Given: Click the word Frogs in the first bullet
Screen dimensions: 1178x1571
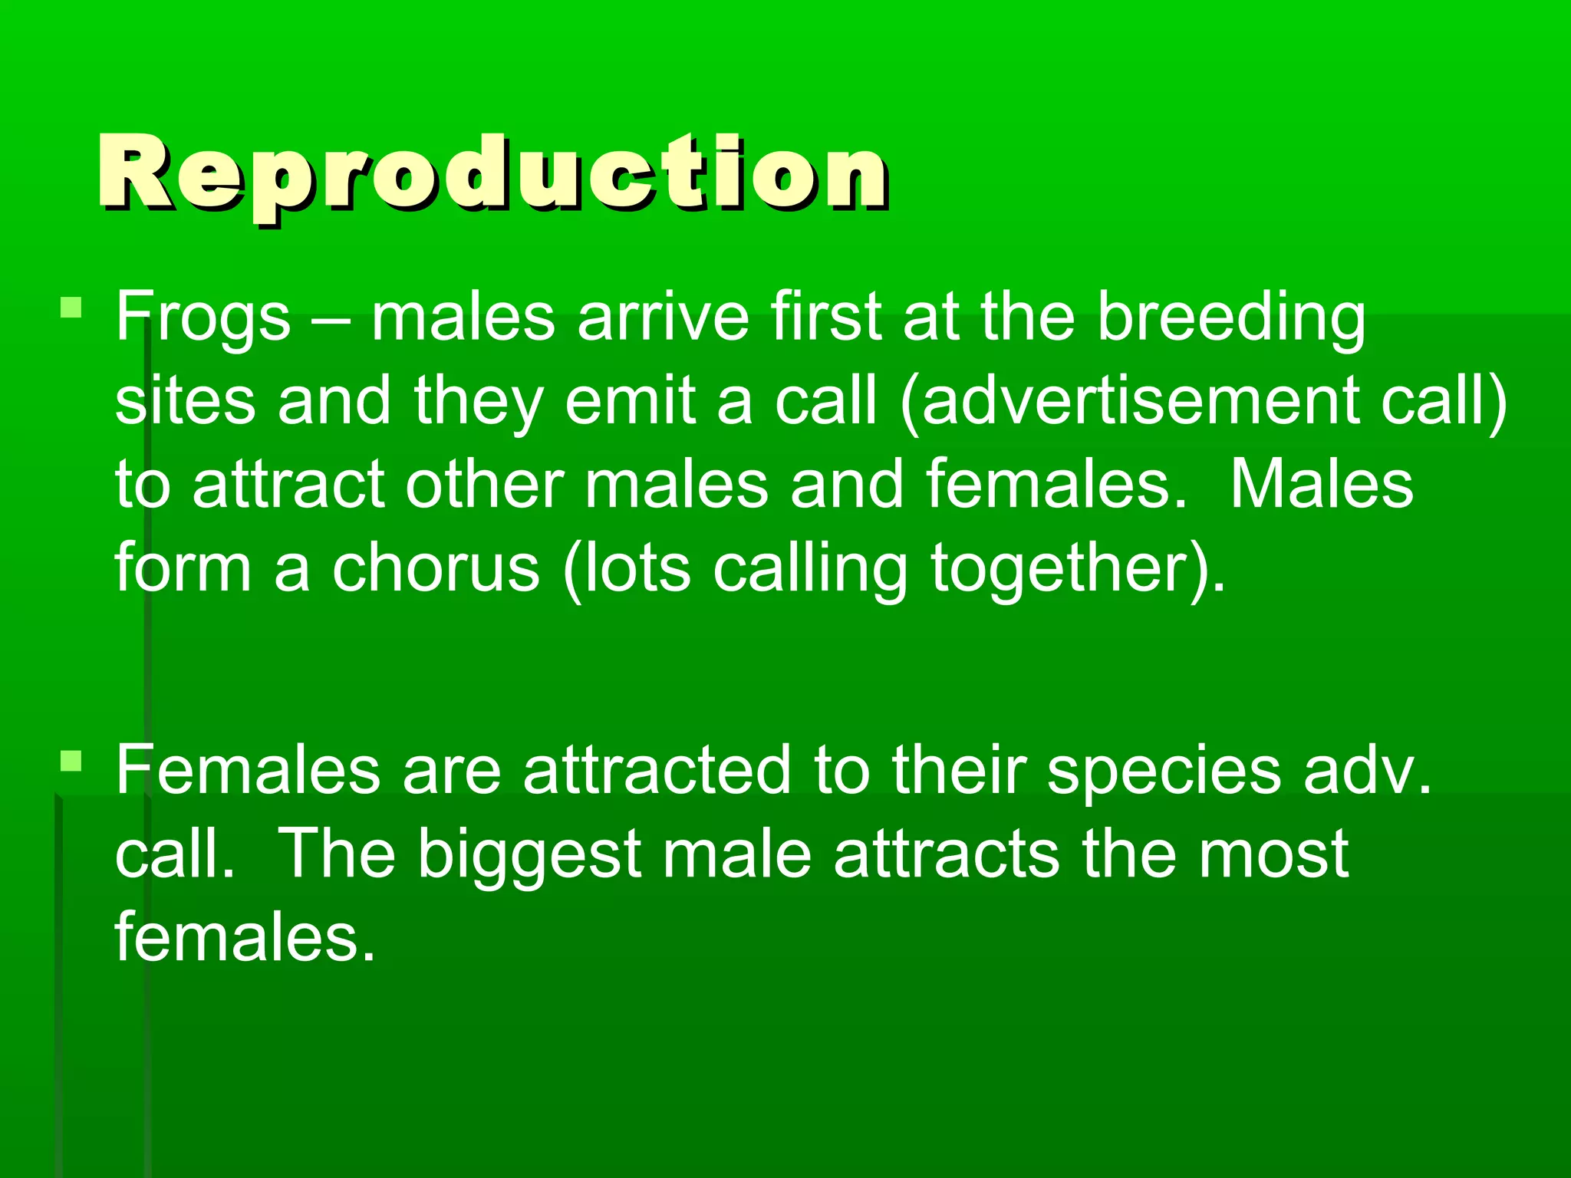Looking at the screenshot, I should tap(203, 318).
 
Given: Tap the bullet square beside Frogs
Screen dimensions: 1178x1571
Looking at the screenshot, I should tap(71, 308).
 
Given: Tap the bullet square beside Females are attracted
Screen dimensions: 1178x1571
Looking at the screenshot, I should tap(71, 761).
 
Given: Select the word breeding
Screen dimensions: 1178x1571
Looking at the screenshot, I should tap(1231, 318).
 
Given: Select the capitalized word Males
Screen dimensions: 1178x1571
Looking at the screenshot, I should tap(1322, 485).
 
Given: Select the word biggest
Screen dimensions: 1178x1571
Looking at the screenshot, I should tap(529, 855).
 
